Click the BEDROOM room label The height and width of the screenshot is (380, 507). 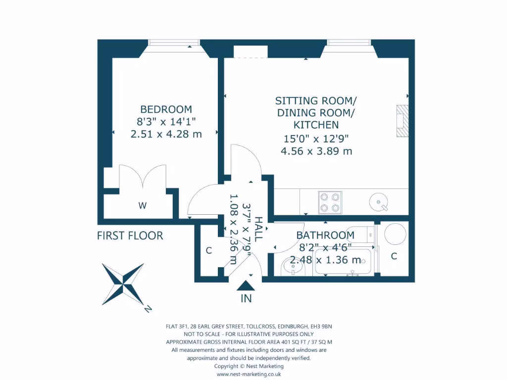coord(166,109)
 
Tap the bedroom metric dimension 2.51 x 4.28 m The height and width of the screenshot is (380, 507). coord(166,134)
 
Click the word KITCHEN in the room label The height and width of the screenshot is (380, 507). coord(316,125)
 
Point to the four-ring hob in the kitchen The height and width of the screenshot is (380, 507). coord(330,202)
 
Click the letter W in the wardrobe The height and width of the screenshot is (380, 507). coord(142,206)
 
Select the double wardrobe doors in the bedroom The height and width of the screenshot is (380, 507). coord(143,177)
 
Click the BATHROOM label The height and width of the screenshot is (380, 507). coord(325,236)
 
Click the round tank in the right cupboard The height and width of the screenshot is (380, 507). coord(395,234)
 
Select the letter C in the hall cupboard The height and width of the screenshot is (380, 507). coord(209,251)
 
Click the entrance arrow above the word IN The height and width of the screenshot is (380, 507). coord(246,285)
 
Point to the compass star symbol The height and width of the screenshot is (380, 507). coord(123,284)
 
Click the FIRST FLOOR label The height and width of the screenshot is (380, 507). coord(130,236)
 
